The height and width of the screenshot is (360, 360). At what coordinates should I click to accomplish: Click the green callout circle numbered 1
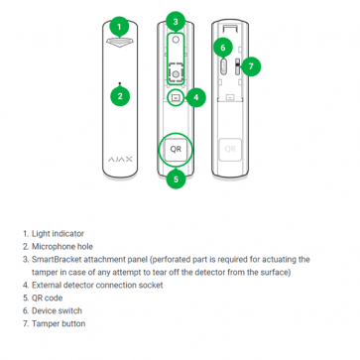[x=119, y=27]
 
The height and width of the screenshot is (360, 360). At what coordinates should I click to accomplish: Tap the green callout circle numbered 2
[x=120, y=96]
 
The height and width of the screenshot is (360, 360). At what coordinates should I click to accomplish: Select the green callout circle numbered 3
[x=176, y=22]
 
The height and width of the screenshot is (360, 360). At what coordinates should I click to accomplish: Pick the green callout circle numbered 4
[x=196, y=97]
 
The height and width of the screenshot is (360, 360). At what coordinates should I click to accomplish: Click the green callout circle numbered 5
[x=176, y=179]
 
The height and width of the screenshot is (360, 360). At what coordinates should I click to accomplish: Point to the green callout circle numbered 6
[x=222, y=48]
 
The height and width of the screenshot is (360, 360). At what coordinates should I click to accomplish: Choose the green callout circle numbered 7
[x=251, y=66]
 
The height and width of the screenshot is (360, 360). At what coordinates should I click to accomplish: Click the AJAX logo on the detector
[x=120, y=160]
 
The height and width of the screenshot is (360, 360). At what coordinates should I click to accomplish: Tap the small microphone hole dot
[x=120, y=83]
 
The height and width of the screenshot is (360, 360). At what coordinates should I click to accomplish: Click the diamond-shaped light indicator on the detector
[x=120, y=42]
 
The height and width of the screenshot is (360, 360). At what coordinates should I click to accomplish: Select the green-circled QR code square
[x=176, y=149]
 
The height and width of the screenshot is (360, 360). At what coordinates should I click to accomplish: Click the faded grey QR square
[x=230, y=150]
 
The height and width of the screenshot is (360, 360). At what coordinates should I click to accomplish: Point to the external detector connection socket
[x=176, y=97]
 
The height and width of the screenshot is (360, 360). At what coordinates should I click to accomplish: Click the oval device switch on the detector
[x=223, y=66]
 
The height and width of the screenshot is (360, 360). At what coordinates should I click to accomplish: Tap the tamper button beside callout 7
[x=237, y=66]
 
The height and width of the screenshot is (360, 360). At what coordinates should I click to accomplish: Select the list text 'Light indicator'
[x=58, y=234]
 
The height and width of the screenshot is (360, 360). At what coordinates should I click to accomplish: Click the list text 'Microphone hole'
[x=62, y=247]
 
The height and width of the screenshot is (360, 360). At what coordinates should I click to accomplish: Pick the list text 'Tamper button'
[x=59, y=323]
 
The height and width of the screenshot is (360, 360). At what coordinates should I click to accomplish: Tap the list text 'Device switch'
[x=57, y=310]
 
